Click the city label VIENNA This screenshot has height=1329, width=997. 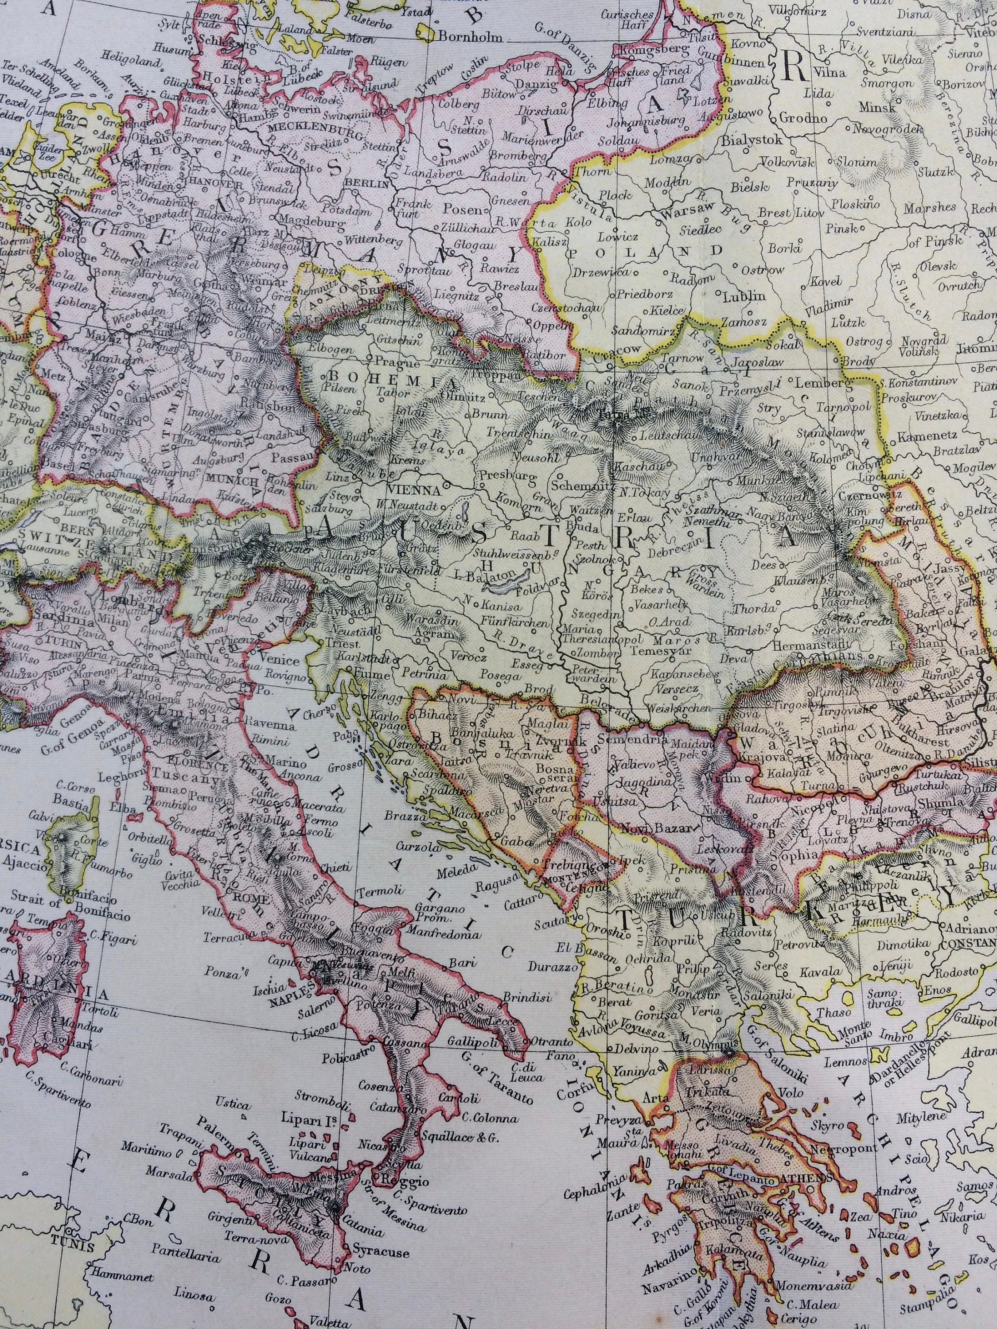tap(408, 490)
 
